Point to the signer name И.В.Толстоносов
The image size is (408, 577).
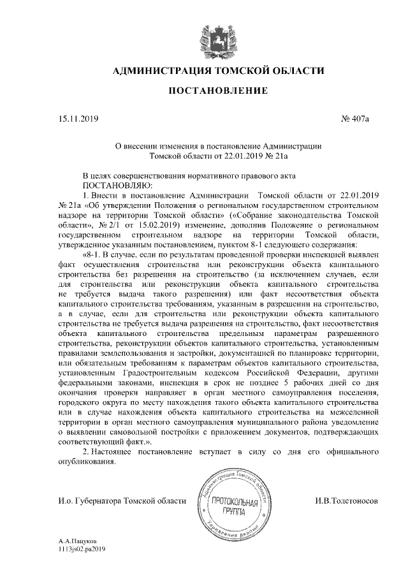(346, 502)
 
